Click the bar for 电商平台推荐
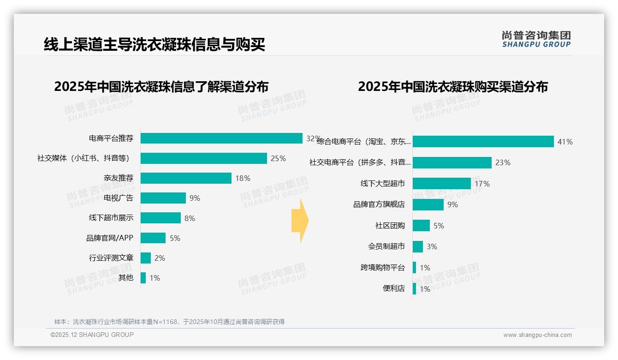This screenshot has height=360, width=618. [x=221, y=138]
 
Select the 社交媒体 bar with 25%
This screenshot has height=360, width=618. [x=203, y=158]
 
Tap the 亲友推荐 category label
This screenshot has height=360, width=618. [x=119, y=178]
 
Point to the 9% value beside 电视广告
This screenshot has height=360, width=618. [x=195, y=198]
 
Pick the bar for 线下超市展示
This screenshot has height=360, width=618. [x=160, y=218]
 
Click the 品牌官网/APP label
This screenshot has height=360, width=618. [x=110, y=238]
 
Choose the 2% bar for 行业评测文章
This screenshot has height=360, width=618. [x=146, y=258]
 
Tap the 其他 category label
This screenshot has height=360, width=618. [x=126, y=278]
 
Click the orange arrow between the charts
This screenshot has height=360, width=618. [x=300, y=221]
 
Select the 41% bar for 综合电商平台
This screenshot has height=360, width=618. [x=483, y=142]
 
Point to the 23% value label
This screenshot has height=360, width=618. [x=503, y=162]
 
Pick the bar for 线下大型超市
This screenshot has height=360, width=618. [x=441, y=184]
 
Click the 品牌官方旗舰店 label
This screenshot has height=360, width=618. [x=379, y=204]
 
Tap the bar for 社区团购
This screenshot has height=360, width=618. [x=421, y=226]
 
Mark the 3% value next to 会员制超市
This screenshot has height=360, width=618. [x=432, y=247]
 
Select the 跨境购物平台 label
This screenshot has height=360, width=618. [x=383, y=268]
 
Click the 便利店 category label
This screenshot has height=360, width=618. [x=394, y=289]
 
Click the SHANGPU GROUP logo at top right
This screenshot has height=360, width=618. [x=536, y=39]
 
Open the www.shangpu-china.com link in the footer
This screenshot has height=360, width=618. [x=537, y=335]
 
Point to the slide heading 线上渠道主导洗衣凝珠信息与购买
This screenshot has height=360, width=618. [x=154, y=45]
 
